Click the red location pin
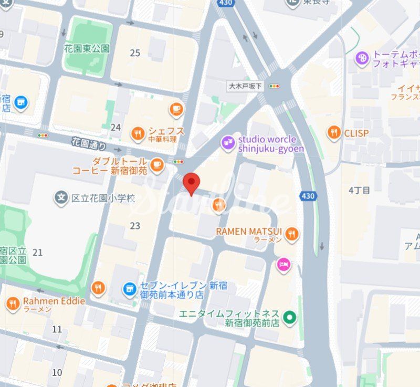191,183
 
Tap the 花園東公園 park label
87,49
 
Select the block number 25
135,53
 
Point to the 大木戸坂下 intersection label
245,86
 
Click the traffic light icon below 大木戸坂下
274,86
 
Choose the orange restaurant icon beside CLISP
334,133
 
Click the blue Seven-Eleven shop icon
129,288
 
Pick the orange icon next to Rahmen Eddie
13,303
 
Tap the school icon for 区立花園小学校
61,198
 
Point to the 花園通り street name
89,143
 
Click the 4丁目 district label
359,190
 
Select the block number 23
135,226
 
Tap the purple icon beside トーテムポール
362,58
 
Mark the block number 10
57,372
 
